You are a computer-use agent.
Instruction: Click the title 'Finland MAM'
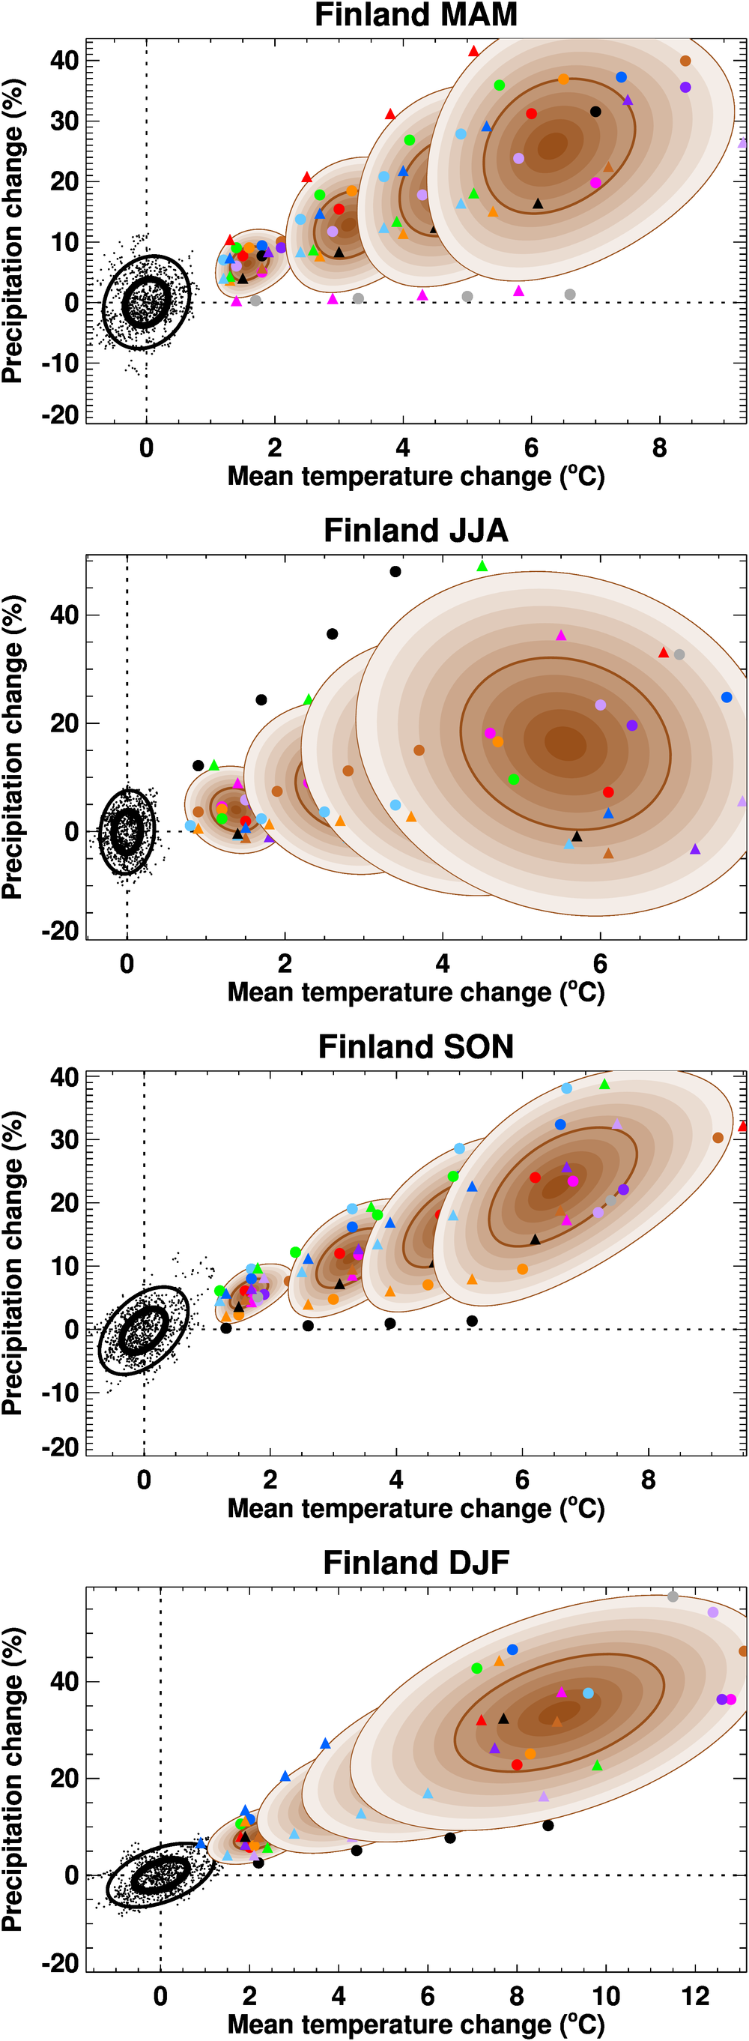pyautogui.click(x=416, y=15)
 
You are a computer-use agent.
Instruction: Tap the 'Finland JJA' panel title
pyautogui.click(x=416, y=531)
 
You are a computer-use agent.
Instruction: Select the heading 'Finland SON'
pyautogui.click(x=416, y=1046)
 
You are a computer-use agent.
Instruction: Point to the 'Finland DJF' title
pyautogui.click(x=416, y=1563)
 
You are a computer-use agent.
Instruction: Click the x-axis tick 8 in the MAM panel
pyautogui.click(x=660, y=448)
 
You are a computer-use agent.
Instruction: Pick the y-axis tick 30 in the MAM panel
pyautogui.click(x=64, y=121)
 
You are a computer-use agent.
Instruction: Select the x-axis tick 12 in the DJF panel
pyautogui.click(x=695, y=1996)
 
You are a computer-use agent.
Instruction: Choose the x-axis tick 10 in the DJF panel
pyautogui.click(x=606, y=1996)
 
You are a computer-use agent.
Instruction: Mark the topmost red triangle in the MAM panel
pyautogui.click(x=473, y=52)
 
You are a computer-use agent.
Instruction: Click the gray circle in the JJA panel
pyautogui.click(x=679, y=654)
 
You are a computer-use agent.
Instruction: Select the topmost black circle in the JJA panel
pyautogui.click(x=395, y=571)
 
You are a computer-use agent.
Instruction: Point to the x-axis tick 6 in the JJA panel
pyautogui.click(x=600, y=964)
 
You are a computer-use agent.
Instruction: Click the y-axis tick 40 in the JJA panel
pyautogui.click(x=64, y=615)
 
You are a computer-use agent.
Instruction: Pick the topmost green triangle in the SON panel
pyautogui.click(x=604, y=1085)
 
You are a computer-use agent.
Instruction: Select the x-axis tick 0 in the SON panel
pyautogui.click(x=143, y=1480)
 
